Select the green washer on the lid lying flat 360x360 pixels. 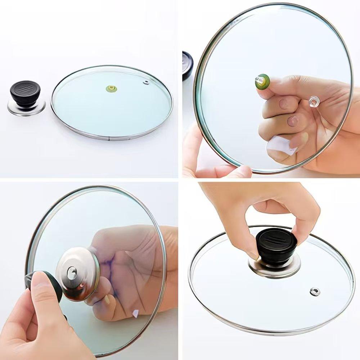point(111,87)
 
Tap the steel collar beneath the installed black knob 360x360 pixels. point(274,268)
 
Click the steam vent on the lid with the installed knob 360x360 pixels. point(315,291)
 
